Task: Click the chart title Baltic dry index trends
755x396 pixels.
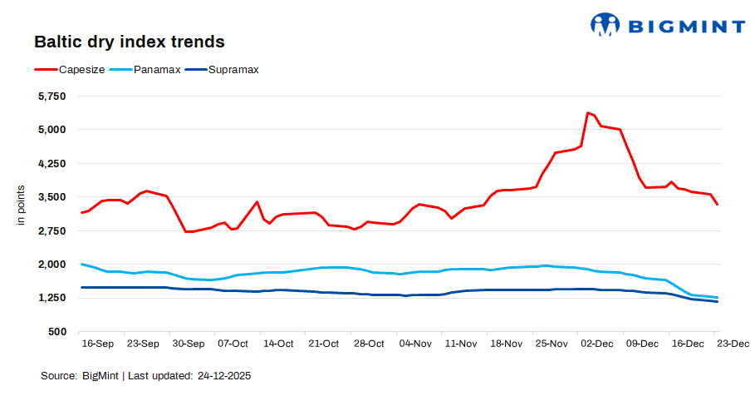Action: (129, 41)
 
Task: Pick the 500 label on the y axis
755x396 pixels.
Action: (57, 332)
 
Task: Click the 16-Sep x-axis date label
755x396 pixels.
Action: (97, 344)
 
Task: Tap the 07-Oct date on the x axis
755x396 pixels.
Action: (233, 344)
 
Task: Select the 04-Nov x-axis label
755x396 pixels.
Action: (414, 344)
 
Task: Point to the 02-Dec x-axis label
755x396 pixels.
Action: (596, 344)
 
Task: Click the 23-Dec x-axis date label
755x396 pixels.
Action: (732, 344)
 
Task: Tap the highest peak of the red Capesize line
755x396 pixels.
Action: (587, 112)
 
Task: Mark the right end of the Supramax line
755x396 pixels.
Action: (717, 302)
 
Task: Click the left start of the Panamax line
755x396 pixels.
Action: (81, 264)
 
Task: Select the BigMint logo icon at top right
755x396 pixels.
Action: (605, 24)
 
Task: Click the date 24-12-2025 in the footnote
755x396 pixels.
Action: (223, 376)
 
